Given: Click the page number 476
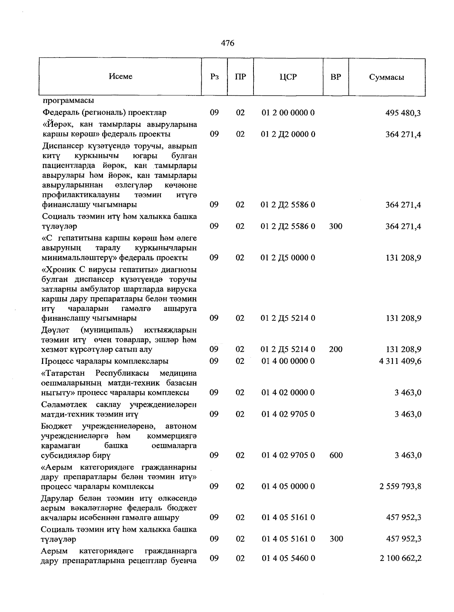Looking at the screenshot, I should click(227, 43).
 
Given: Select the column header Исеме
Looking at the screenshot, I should click(121, 76).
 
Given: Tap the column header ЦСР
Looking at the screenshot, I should click(288, 77).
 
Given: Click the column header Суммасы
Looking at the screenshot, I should click(386, 78).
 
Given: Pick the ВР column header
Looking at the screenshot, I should click(336, 77).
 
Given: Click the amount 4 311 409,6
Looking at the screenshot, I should click(400, 361).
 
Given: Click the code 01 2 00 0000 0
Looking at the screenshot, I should click(288, 113).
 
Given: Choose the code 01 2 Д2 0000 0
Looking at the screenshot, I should click(288, 134).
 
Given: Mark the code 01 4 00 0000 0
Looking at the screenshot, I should click(288, 361).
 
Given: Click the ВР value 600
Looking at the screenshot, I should click(336, 455).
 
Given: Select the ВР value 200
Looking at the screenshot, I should click(336, 349).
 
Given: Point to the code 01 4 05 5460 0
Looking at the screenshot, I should click(288, 558).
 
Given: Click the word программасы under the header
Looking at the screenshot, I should click(68, 101).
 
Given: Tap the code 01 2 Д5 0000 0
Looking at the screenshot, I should click(288, 258).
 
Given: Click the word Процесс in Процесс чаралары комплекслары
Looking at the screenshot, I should click(56, 361).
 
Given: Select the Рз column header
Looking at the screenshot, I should click(214, 77).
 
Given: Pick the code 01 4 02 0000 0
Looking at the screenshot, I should click(288, 393).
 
